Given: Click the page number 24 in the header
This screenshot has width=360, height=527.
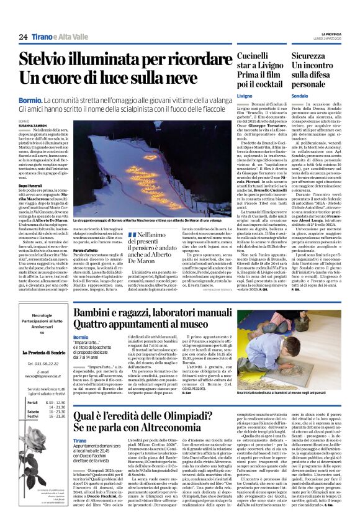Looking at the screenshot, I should click(x=23, y=37).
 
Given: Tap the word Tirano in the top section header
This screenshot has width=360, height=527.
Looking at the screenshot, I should click(x=42, y=37).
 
